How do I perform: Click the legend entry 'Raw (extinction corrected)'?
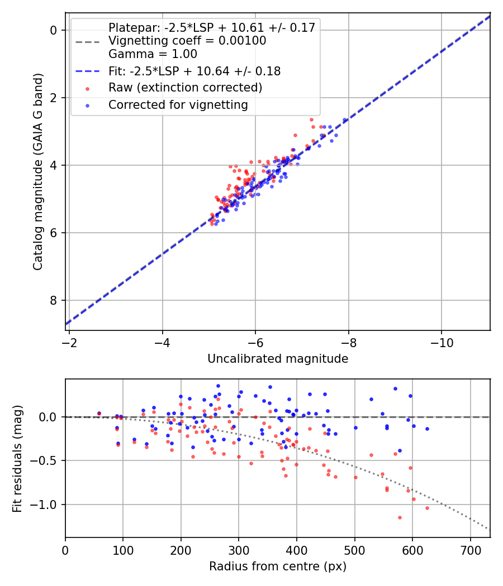pyautogui.click(x=185, y=88)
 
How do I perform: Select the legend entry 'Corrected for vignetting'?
pyautogui.click(x=178, y=104)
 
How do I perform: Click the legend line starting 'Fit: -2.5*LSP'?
pyautogui.click(x=194, y=71)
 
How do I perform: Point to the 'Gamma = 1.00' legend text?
pyautogui.click(x=153, y=54)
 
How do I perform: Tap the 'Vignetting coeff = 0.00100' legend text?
pyautogui.click(x=187, y=41)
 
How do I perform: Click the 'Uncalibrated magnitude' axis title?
pyautogui.click(x=278, y=359)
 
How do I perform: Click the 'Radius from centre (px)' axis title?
pyautogui.click(x=278, y=566)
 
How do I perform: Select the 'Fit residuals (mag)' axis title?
pyautogui.click(x=17, y=458)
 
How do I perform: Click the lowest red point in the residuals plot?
pyautogui.click(x=400, y=517)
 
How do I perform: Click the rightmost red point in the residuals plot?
pyautogui.click(x=427, y=508)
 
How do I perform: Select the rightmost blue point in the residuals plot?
pyautogui.click(x=427, y=429)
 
